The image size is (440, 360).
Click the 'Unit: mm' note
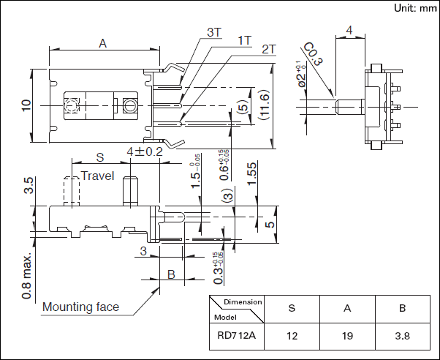(414, 8)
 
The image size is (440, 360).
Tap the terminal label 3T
(213, 32)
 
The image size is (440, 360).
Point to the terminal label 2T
(268, 49)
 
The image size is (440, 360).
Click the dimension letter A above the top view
(103, 44)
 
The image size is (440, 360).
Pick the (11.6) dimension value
(264, 107)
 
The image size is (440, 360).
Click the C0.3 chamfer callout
(312, 55)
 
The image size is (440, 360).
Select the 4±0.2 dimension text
(144, 151)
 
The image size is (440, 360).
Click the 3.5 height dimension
(29, 185)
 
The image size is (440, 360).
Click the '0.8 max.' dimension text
(26, 277)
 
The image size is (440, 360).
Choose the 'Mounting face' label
(80, 307)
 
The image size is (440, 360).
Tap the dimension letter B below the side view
(171, 275)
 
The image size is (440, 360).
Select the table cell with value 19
(346, 337)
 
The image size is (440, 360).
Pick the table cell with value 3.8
(402, 337)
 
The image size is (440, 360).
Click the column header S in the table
(292, 308)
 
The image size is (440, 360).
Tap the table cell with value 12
(292, 337)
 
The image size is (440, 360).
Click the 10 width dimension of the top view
(26, 105)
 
